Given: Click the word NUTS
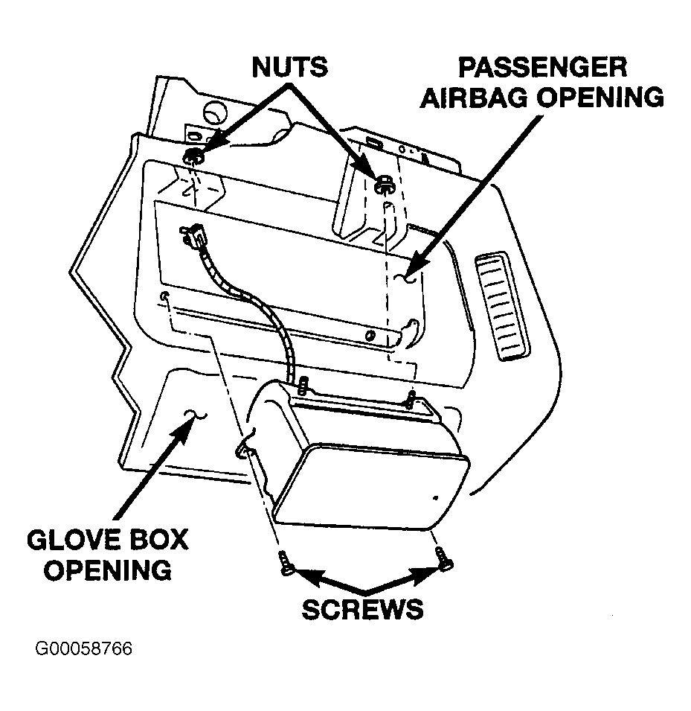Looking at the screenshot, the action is point(290,67).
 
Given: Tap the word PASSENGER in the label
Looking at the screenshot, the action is point(542,68).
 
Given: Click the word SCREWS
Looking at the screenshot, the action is point(362,609).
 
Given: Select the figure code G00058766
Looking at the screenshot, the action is point(84,648).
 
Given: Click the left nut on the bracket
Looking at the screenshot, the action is point(193,156).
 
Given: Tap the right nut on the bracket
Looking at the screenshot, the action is point(384,184).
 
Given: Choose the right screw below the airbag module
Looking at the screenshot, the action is point(443,558).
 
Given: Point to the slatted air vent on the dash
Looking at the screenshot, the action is point(502,306).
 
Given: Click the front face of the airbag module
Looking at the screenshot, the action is point(372,488).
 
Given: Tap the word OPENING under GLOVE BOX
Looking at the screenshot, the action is point(107,570).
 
